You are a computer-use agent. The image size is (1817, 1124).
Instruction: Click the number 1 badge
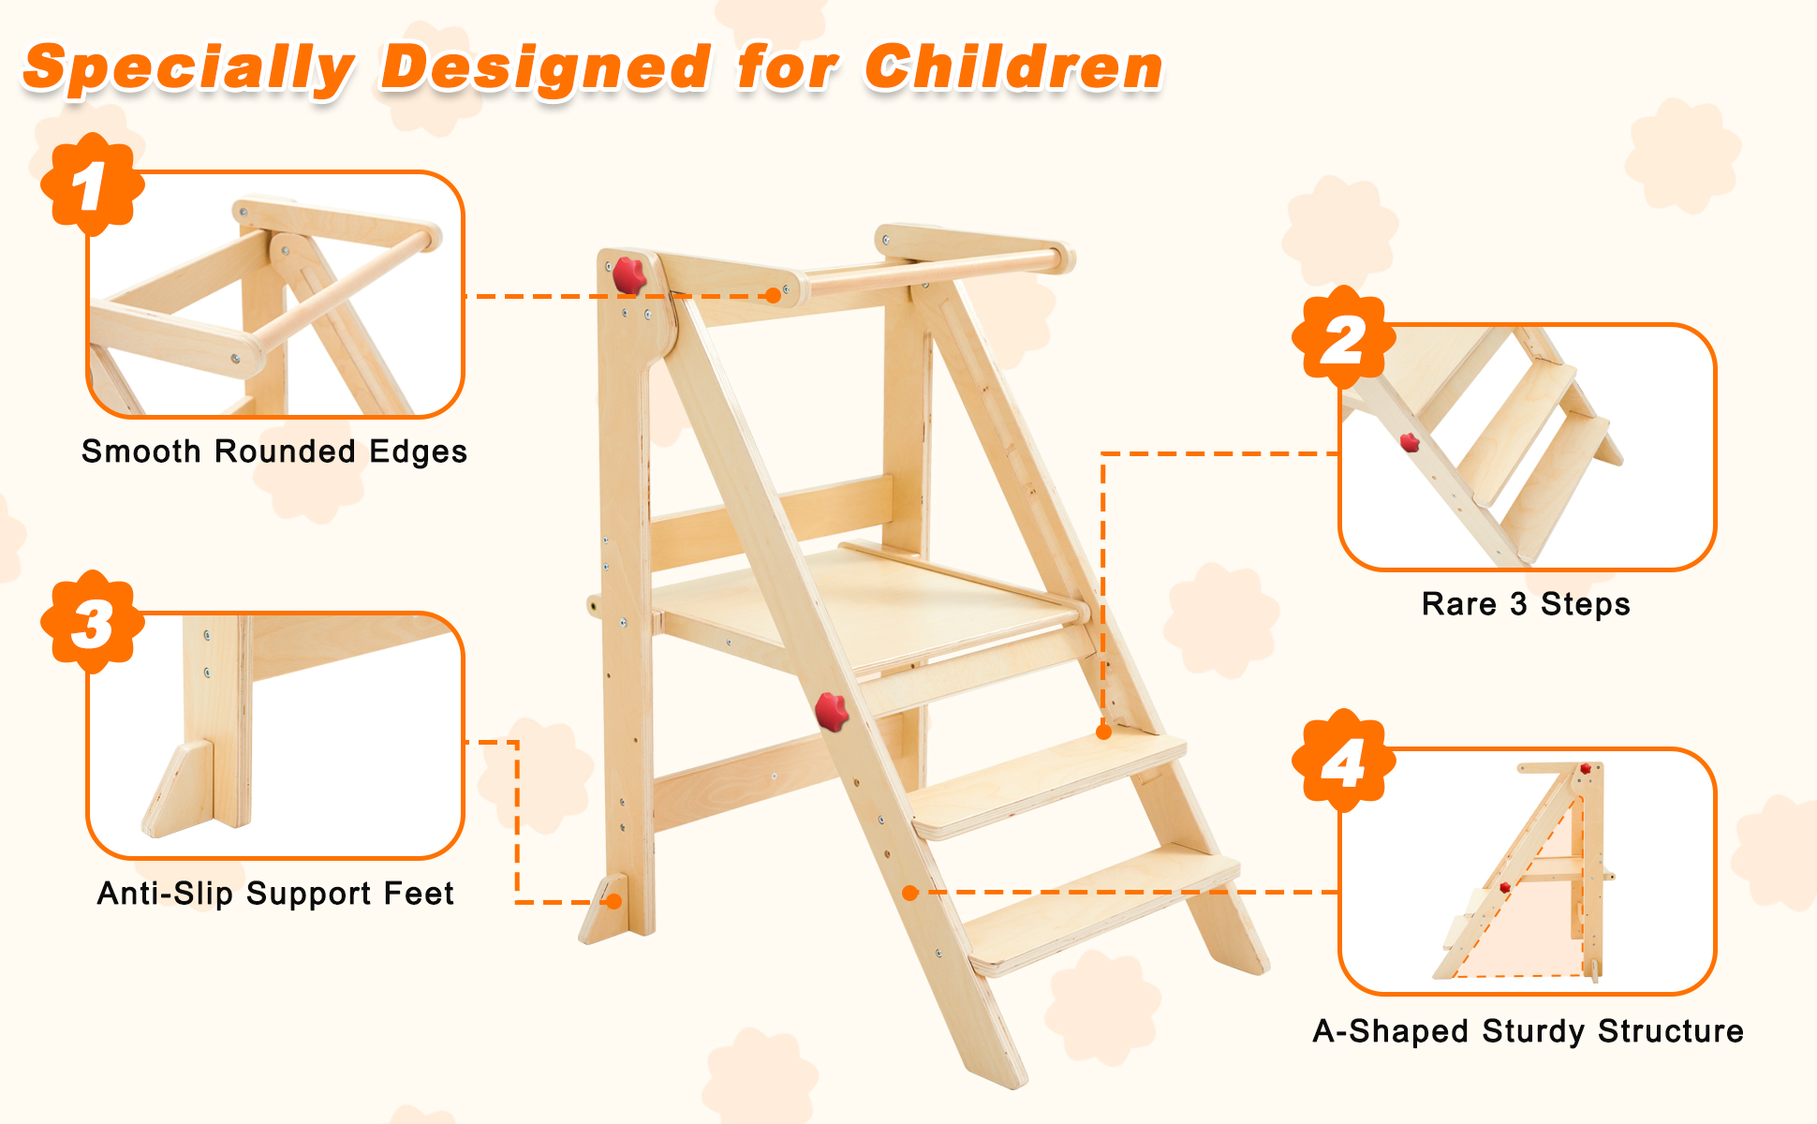point(92,185)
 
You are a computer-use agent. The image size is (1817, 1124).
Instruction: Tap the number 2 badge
point(1343,338)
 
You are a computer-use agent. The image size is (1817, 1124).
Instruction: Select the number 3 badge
point(92,622)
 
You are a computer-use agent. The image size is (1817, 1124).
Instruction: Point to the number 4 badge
point(1343,761)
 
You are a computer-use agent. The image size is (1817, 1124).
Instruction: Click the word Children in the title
point(1012,68)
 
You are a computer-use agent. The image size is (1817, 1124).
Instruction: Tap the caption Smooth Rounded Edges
point(273,451)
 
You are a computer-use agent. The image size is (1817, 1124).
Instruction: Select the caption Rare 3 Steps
point(1526,604)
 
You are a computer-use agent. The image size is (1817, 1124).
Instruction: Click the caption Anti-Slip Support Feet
point(275,894)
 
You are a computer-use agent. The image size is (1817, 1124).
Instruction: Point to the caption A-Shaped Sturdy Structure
point(1528,1031)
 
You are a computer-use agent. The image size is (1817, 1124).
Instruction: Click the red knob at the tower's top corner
point(628,274)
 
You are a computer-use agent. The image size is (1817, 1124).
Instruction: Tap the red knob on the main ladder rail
point(831,711)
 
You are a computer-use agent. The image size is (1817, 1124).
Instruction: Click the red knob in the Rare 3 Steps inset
point(1410,442)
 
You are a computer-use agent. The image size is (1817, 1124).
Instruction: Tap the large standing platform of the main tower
point(862,604)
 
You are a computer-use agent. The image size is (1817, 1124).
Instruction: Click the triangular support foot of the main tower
point(602,910)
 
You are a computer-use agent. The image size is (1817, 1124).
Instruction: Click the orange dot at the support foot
point(614,902)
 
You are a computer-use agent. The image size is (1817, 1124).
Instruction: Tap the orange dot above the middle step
point(1104,732)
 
